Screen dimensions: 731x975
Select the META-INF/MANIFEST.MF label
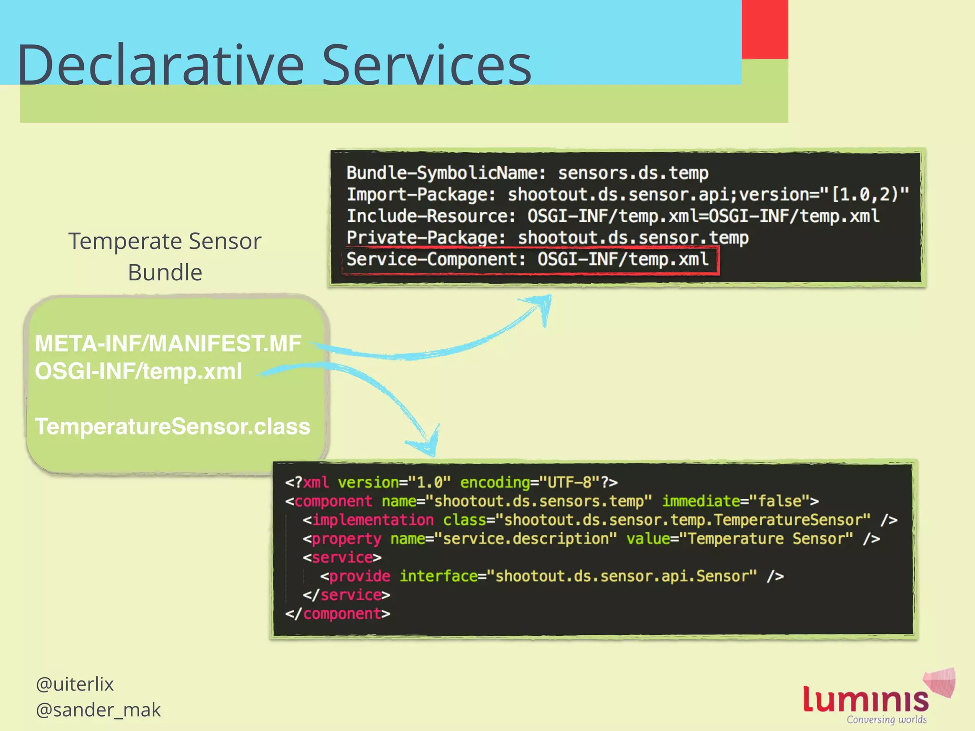[x=168, y=344]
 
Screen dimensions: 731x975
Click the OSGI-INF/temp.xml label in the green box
[x=139, y=372]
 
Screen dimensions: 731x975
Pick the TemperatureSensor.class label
[x=172, y=426]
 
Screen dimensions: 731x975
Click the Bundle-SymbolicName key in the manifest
[x=446, y=173]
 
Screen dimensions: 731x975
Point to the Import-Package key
[x=421, y=195]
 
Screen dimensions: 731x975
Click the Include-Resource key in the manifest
[x=431, y=216]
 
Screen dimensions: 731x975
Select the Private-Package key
[x=426, y=237]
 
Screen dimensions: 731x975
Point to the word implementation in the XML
[x=373, y=520]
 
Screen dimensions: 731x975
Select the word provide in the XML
[x=359, y=576]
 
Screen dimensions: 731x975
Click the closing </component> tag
[x=338, y=614]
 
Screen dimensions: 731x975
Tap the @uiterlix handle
[x=75, y=684]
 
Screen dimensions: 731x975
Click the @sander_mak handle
[x=98, y=710]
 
